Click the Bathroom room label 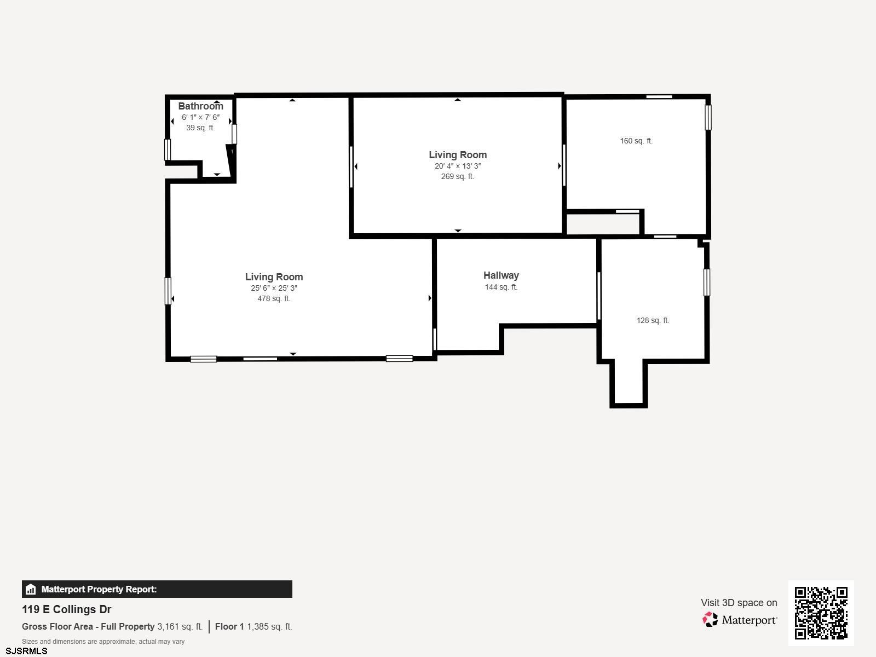pyautogui.click(x=200, y=106)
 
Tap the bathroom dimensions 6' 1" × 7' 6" pyautogui.click(x=200, y=117)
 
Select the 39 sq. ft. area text pyautogui.click(x=200, y=128)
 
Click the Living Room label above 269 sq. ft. pyautogui.click(x=458, y=155)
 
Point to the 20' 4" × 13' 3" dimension pyautogui.click(x=458, y=166)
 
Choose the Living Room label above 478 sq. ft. pyautogui.click(x=274, y=277)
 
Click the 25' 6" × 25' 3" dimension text pyautogui.click(x=274, y=288)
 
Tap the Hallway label pyautogui.click(x=501, y=275)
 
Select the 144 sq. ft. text pyautogui.click(x=501, y=287)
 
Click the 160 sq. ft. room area pyautogui.click(x=636, y=141)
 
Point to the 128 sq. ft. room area pyautogui.click(x=653, y=320)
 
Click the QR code pyautogui.click(x=821, y=613)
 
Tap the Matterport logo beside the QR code pyautogui.click(x=740, y=620)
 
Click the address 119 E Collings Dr pyautogui.click(x=66, y=609)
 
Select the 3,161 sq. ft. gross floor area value pyautogui.click(x=180, y=627)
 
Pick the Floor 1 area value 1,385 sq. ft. pyautogui.click(x=269, y=627)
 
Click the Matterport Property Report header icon pyautogui.click(x=31, y=589)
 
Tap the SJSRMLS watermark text pyautogui.click(x=26, y=652)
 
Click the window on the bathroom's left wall pyautogui.click(x=168, y=149)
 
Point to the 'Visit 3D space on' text pyautogui.click(x=739, y=603)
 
